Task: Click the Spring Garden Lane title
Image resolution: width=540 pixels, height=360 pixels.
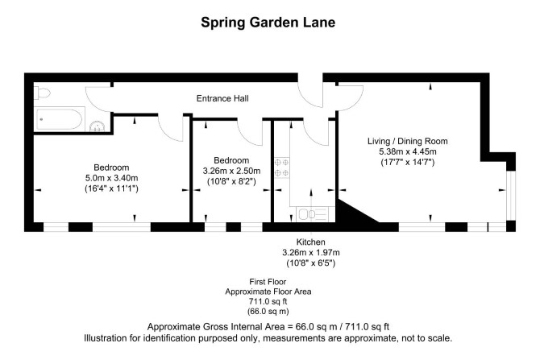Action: [268, 23]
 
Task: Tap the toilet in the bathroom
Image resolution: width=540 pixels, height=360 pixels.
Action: [42, 93]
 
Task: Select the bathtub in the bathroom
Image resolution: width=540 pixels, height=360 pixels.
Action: [59, 118]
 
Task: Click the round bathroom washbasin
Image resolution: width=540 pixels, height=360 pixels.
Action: [97, 126]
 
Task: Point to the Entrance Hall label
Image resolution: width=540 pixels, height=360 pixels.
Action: [222, 98]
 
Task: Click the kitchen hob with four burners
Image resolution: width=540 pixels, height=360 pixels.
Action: [282, 168]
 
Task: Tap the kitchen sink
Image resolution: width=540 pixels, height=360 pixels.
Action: [312, 214]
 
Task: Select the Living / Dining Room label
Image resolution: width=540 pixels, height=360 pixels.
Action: [407, 141]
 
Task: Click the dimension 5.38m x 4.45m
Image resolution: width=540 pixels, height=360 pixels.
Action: [407, 151]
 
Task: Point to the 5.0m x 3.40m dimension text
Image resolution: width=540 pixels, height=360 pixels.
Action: [111, 178]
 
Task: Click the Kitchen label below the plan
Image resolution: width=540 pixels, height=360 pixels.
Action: [310, 242]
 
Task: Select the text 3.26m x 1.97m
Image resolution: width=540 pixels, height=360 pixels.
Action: [311, 253]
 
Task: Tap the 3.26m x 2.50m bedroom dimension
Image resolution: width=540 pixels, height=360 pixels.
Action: [231, 171]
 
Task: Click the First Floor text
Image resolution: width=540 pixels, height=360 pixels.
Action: [268, 282]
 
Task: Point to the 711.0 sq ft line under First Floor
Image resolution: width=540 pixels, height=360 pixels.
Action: [268, 301]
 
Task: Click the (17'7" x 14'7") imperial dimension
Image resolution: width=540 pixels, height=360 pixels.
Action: [407, 162]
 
